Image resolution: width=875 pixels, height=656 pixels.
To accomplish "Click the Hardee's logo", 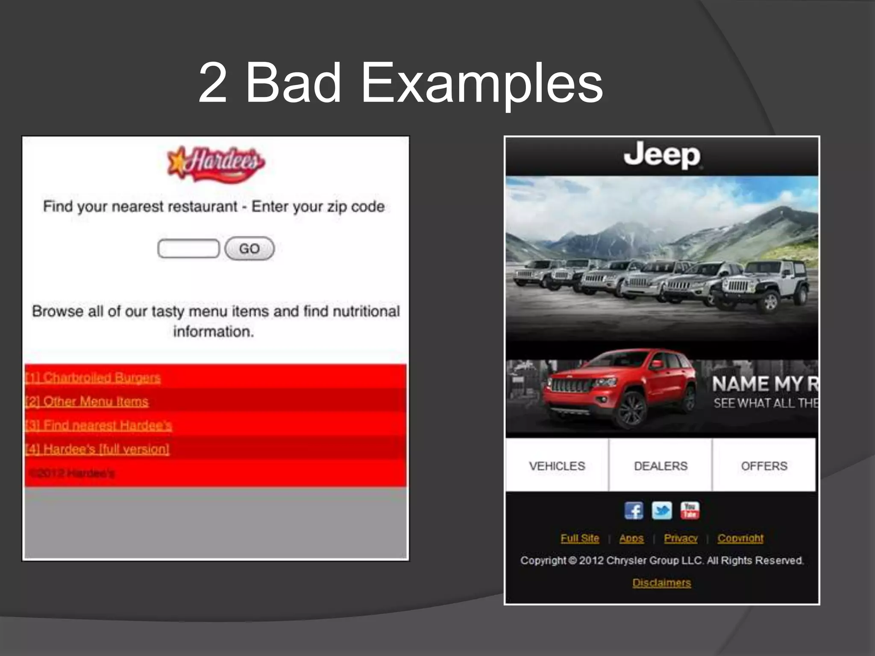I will (216, 164).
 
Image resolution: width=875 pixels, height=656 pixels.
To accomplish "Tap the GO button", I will (250, 249).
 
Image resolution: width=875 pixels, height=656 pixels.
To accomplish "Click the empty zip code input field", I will (188, 249).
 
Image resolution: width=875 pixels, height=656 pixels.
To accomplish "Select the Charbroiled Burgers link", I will (93, 378).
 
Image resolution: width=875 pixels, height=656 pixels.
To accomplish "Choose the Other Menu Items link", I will (87, 402).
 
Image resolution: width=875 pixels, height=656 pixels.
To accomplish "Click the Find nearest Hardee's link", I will (99, 426).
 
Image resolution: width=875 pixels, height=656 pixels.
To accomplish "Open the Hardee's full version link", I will (97, 449).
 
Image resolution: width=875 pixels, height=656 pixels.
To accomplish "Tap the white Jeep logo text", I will (662, 155).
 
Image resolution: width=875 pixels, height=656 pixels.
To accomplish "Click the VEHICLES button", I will (557, 466).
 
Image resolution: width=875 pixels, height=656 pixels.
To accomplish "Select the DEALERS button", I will (661, 466).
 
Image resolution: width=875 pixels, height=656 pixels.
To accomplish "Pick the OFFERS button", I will (764, 466).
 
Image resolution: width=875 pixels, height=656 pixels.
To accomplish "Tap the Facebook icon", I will (634, 511).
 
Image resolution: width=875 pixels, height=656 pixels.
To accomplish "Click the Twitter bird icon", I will (662, 511).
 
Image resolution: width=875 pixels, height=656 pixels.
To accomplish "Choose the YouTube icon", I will (690, 511).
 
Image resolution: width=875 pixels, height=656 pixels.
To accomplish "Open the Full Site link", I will (580, 539).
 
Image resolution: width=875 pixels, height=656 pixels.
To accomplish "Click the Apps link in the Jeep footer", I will (631, 539).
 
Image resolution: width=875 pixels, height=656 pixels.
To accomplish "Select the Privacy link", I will (681, 539).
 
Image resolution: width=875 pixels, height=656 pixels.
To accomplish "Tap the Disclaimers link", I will (661, 583).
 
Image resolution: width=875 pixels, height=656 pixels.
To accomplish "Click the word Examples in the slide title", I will (482, 83).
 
